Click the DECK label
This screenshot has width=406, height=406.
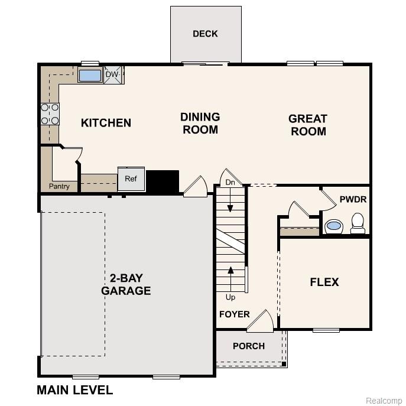pos(205,34)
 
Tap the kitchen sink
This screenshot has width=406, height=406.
pos(90,76)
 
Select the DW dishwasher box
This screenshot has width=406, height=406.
pos(112,75)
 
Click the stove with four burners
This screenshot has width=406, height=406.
pos(50,113)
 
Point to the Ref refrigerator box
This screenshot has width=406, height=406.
pos(131,178)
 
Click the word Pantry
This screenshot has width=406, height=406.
pos(59,187)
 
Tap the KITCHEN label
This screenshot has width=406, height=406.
pos(106,123)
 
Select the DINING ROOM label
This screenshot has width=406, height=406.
pos(200,124)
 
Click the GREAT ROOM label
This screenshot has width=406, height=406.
pos(307,125)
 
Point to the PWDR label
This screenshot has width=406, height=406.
pos(353,200)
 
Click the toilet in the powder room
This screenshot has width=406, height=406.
pos(358,223)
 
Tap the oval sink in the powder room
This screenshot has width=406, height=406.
pos(334,226)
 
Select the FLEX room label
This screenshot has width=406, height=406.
pos(324,282)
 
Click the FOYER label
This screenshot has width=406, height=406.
pos(235,314)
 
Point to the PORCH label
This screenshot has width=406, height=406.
pos(249,346)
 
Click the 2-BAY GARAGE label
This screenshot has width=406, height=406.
pos(126,284)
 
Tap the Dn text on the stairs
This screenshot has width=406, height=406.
pos(230,183)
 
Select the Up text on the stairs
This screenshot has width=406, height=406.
pos(230,297)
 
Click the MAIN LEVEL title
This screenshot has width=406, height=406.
pos(74,390)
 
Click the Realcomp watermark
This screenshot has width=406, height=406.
pos(384,401)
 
